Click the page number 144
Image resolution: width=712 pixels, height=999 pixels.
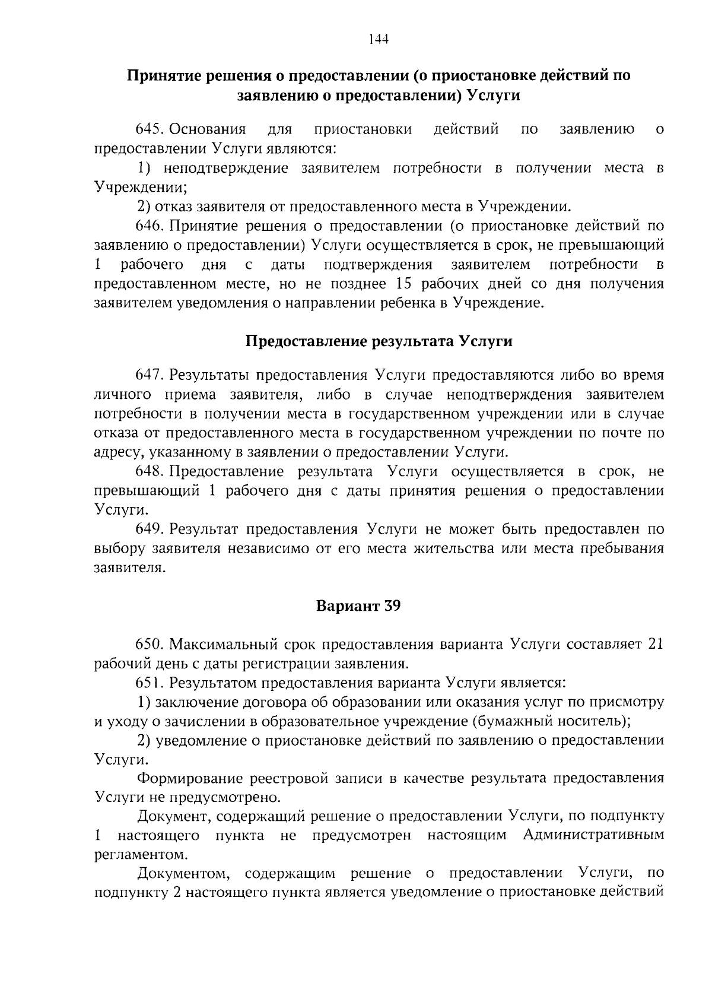click(378, 40)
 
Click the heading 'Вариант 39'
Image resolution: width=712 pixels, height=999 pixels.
click(358, 607)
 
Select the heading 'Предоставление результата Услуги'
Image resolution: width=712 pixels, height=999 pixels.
click(379, 341)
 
